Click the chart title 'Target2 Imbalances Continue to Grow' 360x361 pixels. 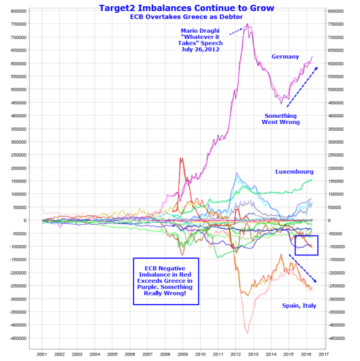186,8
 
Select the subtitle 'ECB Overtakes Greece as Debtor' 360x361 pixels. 186,17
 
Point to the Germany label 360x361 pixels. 285,57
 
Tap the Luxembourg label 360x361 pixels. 295,172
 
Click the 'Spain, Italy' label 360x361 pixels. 299,306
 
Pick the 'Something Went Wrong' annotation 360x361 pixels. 280,119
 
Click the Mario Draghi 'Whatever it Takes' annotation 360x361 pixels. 200,40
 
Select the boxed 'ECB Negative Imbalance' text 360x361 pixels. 165,281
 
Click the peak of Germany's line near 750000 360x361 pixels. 247,24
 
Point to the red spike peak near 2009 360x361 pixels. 182,158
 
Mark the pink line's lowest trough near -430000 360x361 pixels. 248,333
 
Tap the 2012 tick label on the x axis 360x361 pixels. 235,354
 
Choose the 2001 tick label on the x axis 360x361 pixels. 42,354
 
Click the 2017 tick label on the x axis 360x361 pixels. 324,354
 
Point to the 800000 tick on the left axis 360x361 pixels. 18,11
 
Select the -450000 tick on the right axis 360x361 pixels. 336,339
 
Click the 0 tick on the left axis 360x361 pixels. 25,220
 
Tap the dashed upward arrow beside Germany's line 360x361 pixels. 302,87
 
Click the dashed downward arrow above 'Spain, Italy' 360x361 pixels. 303,268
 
